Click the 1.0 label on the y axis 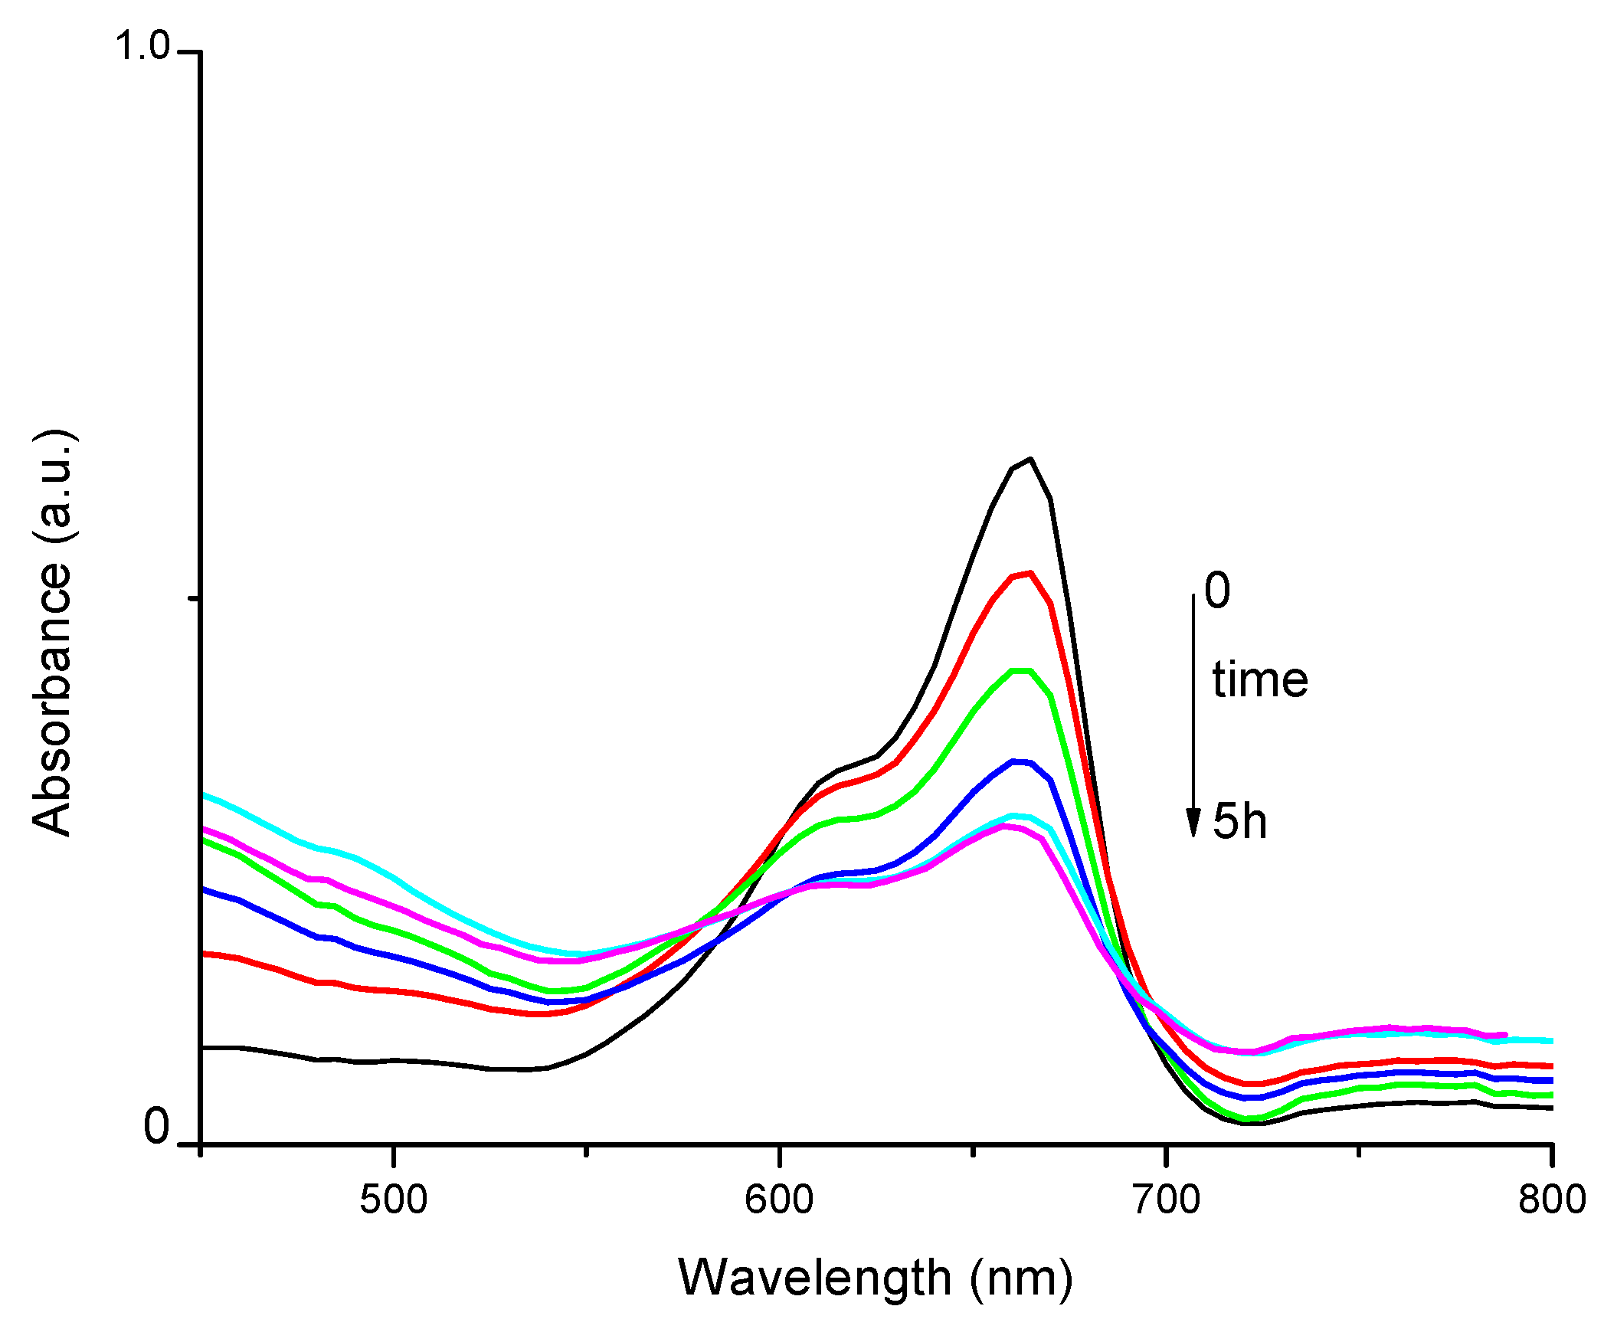coord(142,46)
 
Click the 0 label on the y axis coord(156,1128)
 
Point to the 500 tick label coord(393,1200)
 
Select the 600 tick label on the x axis coord(779,1200)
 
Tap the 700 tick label coord(1166,1200)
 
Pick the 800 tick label coord(1552,1200)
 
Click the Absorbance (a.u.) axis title coord(52,632)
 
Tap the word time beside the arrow coord(1260,680)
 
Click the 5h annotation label coord(1239,821)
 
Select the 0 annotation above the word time coord(1217,591)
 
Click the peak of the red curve coord(1031,573)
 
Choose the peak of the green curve coord(1022,671)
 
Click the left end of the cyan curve coord(202,795)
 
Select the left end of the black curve coord(202,1047)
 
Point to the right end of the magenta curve coord(1505,1035)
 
